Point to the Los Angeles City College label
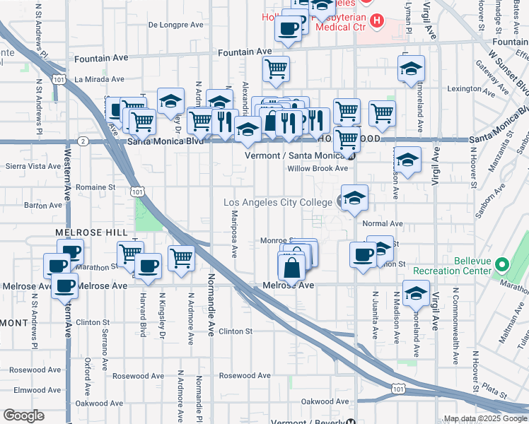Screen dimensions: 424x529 277,202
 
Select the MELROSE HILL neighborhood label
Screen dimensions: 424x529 91,232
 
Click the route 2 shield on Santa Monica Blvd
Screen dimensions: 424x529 84,141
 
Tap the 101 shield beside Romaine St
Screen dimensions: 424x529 138,192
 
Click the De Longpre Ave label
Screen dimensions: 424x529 176,24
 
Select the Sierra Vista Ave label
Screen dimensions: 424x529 33,166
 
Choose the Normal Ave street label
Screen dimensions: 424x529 382,223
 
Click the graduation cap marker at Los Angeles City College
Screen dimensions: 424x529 354,198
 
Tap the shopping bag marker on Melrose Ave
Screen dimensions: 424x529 291,267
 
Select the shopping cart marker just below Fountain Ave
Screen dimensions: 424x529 276,69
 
